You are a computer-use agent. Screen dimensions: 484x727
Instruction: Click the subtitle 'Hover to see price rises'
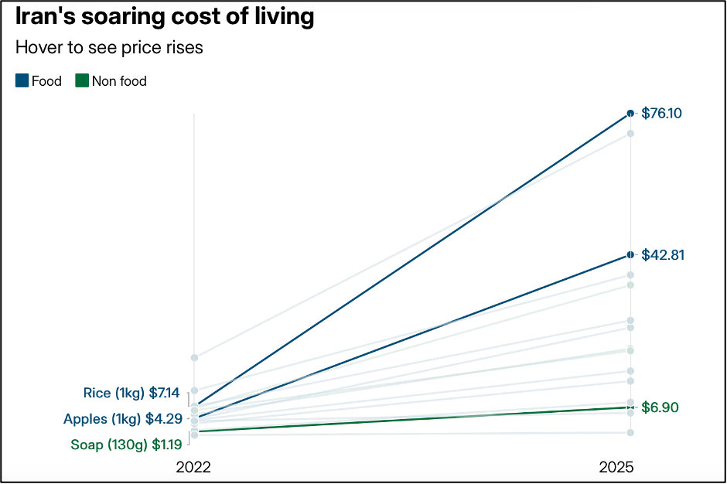[x=109, y=47]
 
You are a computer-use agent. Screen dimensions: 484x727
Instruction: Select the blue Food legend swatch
[x=22, y=80]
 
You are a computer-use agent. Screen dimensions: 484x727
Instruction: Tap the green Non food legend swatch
[x=82, y=80]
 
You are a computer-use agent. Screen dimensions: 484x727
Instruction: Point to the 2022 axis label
[x=193, y=467]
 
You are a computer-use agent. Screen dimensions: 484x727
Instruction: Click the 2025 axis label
[x=617, y=467]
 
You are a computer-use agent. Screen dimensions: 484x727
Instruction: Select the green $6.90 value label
[x=660, y=407]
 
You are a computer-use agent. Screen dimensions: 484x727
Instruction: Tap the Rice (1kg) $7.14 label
[x=131, y=394]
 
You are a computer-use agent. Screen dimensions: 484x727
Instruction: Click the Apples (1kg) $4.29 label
[x=121, y=420]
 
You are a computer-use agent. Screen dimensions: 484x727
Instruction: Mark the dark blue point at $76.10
[x=630, y=114]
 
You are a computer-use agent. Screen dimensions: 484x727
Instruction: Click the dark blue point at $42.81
[x=630, y=255]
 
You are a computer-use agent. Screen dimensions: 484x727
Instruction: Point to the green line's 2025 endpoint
[x=630, y=407]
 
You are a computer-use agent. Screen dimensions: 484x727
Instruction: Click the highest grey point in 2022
[x=195, y=357]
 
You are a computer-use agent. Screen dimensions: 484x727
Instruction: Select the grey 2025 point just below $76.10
[x=630, y=134]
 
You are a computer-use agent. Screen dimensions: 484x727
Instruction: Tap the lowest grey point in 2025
[x=630, y=432]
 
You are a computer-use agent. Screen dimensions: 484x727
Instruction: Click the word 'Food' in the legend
[x=46, y=80]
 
